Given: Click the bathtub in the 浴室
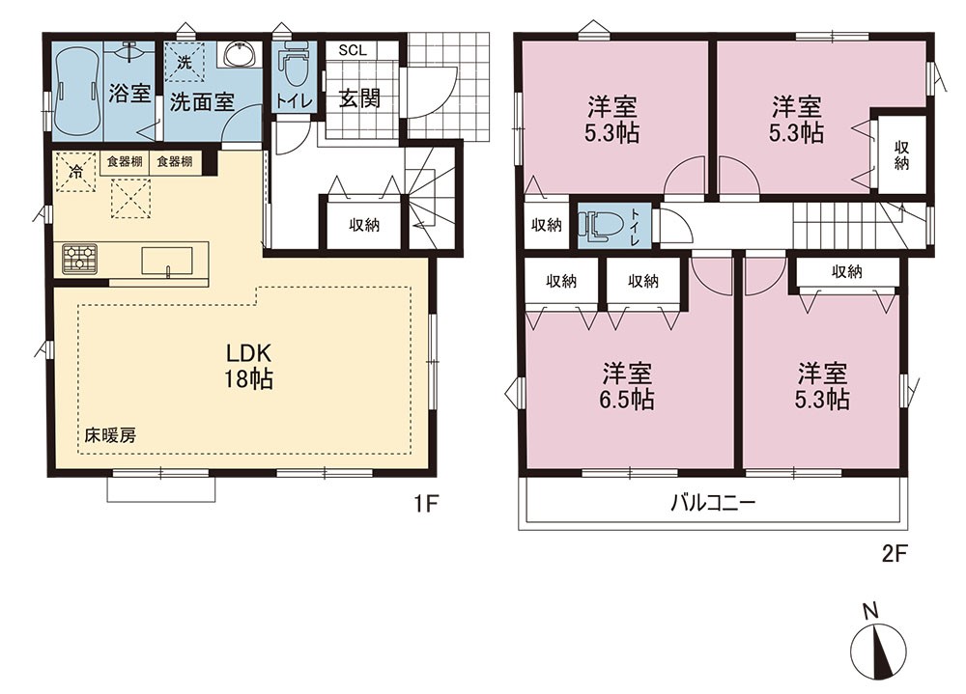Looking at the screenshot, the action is [x=77, y=90].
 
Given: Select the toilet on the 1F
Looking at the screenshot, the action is [x=294, y=68].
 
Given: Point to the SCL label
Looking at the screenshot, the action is [x=353, y=50].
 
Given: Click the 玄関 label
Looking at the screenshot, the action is [x=359, y=99].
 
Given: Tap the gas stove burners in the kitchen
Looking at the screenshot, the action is [x=79, y=259].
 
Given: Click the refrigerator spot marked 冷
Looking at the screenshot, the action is [x=75, y=172].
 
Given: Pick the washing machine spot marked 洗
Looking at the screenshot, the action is [x=185, y=62].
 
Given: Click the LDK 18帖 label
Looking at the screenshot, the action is [x=247, y=366].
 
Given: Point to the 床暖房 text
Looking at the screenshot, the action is [x=110, y=435].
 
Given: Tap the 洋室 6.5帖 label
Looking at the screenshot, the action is [x=627, y=387].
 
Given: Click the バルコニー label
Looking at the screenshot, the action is [x=712, y=504].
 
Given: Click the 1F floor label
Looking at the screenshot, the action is [x=425, y=505].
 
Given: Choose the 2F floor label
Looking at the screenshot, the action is [x=895, y=554].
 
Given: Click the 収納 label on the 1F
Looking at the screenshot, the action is [x=364, y=225].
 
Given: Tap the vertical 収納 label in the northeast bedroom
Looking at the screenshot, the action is [x=901, y=155].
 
